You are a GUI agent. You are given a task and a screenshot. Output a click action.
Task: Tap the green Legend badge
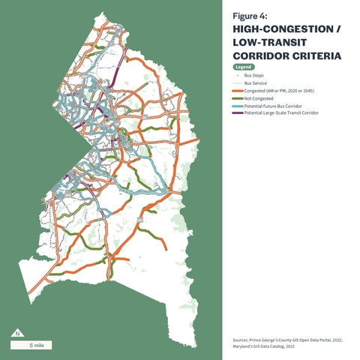[243, 67]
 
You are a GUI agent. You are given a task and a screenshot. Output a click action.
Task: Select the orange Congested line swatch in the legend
[238, 91]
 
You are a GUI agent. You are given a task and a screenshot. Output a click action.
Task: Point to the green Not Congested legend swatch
[238, 99]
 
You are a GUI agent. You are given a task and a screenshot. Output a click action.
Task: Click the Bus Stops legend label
[254, 76]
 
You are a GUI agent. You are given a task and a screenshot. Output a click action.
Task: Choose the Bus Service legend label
[256, 83]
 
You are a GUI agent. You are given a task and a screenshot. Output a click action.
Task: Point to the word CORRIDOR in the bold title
[261, 55]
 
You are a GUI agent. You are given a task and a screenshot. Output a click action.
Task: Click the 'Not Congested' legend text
[258, 99]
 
